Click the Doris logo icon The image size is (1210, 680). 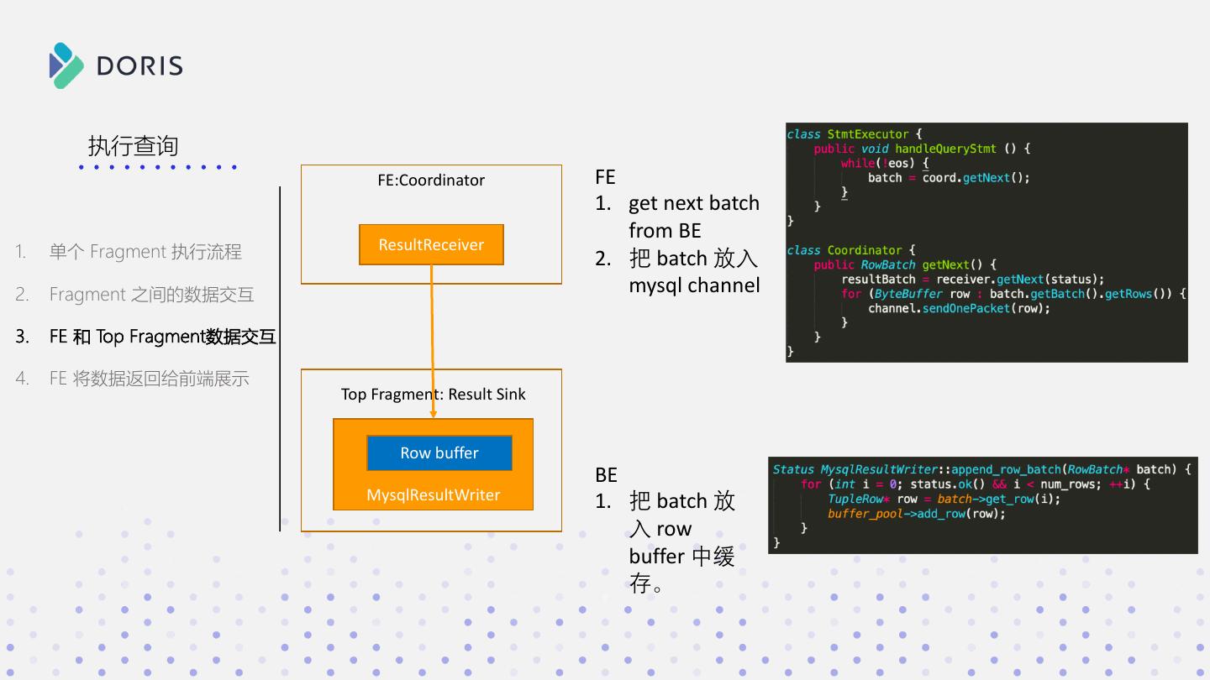[66, 65]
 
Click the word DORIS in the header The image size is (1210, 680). [139, 65]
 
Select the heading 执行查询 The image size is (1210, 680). [133, 146]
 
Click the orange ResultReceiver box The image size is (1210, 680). [431, 245]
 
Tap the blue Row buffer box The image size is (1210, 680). [439, 453]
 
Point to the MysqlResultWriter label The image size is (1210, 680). [433, 495]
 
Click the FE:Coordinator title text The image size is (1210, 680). [431, 180]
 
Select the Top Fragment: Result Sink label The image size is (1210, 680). [433, 395]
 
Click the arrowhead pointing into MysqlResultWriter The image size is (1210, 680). [433, 413]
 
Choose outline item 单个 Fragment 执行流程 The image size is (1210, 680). [145, 252]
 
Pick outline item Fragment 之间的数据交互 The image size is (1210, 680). [151, 295]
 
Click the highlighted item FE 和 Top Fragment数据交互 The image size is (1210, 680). [162, 337]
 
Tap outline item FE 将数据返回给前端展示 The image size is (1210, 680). [149, 379]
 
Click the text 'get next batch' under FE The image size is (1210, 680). [693, 203]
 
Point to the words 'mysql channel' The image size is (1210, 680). [694, 285]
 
